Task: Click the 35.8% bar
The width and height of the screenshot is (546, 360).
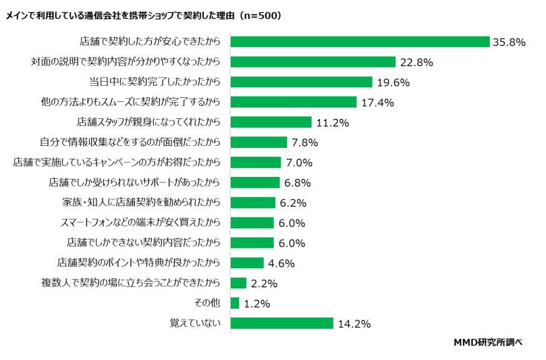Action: coord(360,42)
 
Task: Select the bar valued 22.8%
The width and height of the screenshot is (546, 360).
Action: coord(312,62)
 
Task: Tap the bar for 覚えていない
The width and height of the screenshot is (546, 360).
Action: coord(282,323)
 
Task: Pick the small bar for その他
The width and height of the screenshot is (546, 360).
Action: coord(235,303)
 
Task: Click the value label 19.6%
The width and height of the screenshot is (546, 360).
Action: coord(393,82)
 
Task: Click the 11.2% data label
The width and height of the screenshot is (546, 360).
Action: coord(332,122)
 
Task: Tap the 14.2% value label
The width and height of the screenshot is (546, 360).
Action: coord(354,324)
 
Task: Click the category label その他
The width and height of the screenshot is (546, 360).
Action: coord(209,303)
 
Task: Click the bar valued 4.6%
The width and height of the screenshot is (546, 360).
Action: coord(247,263)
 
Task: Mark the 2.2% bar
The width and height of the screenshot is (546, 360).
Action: coord(238,283)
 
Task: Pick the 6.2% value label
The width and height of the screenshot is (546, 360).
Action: coord(293,203)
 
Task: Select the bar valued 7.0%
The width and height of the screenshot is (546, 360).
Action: coord(256,162)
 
